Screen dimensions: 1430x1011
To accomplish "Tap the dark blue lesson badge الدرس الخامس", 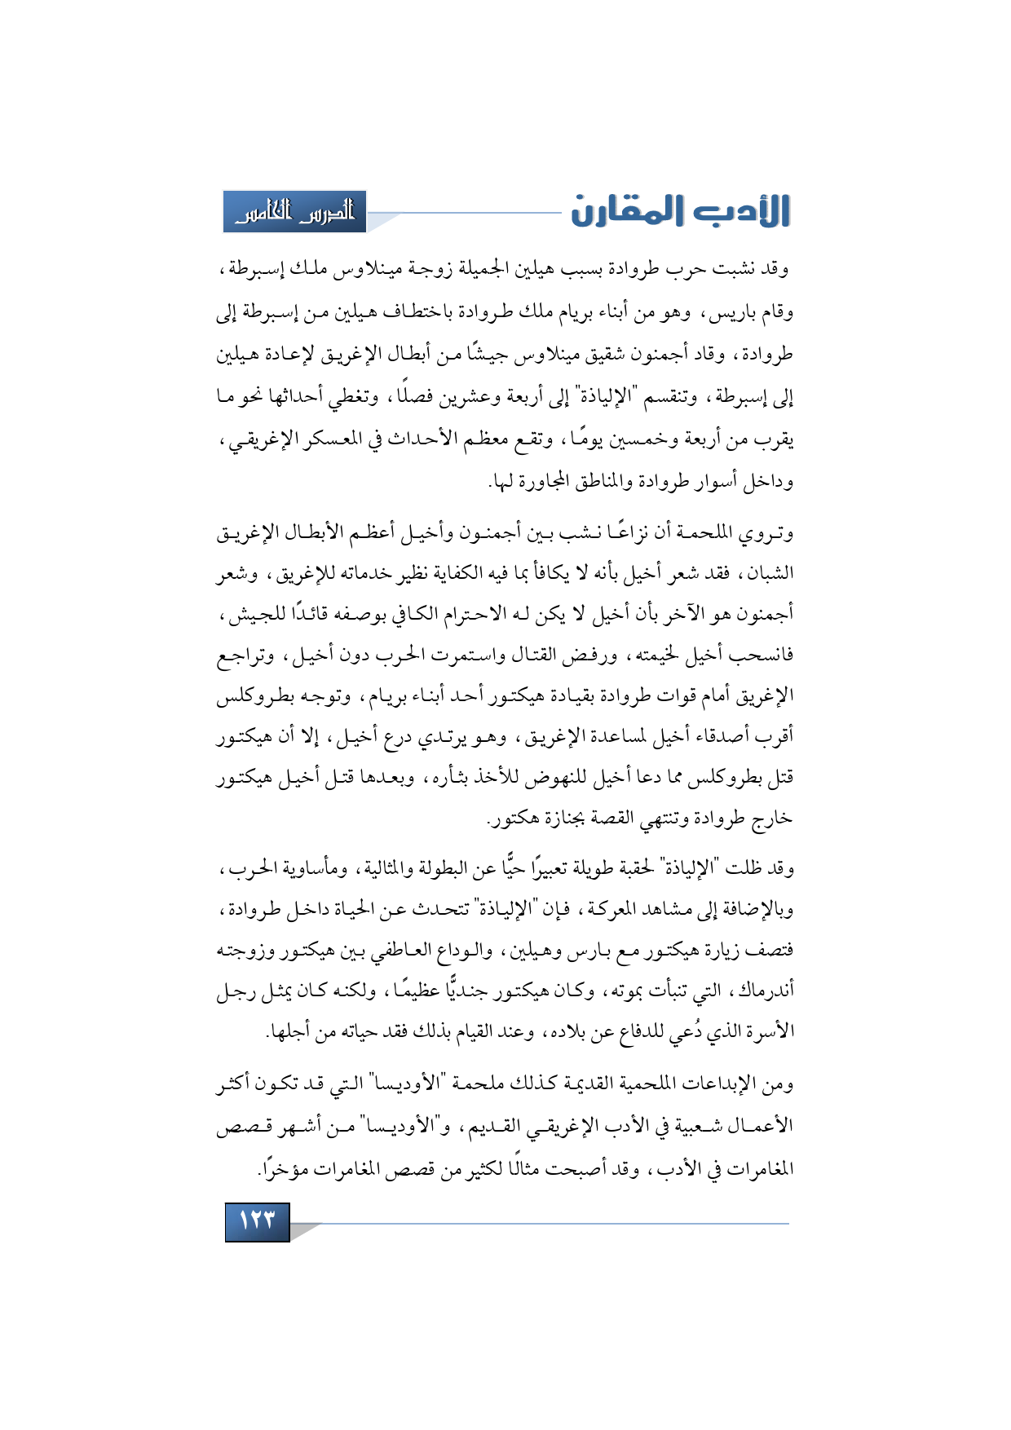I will [295, 212].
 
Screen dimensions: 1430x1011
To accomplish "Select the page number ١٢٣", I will [257, 1220].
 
